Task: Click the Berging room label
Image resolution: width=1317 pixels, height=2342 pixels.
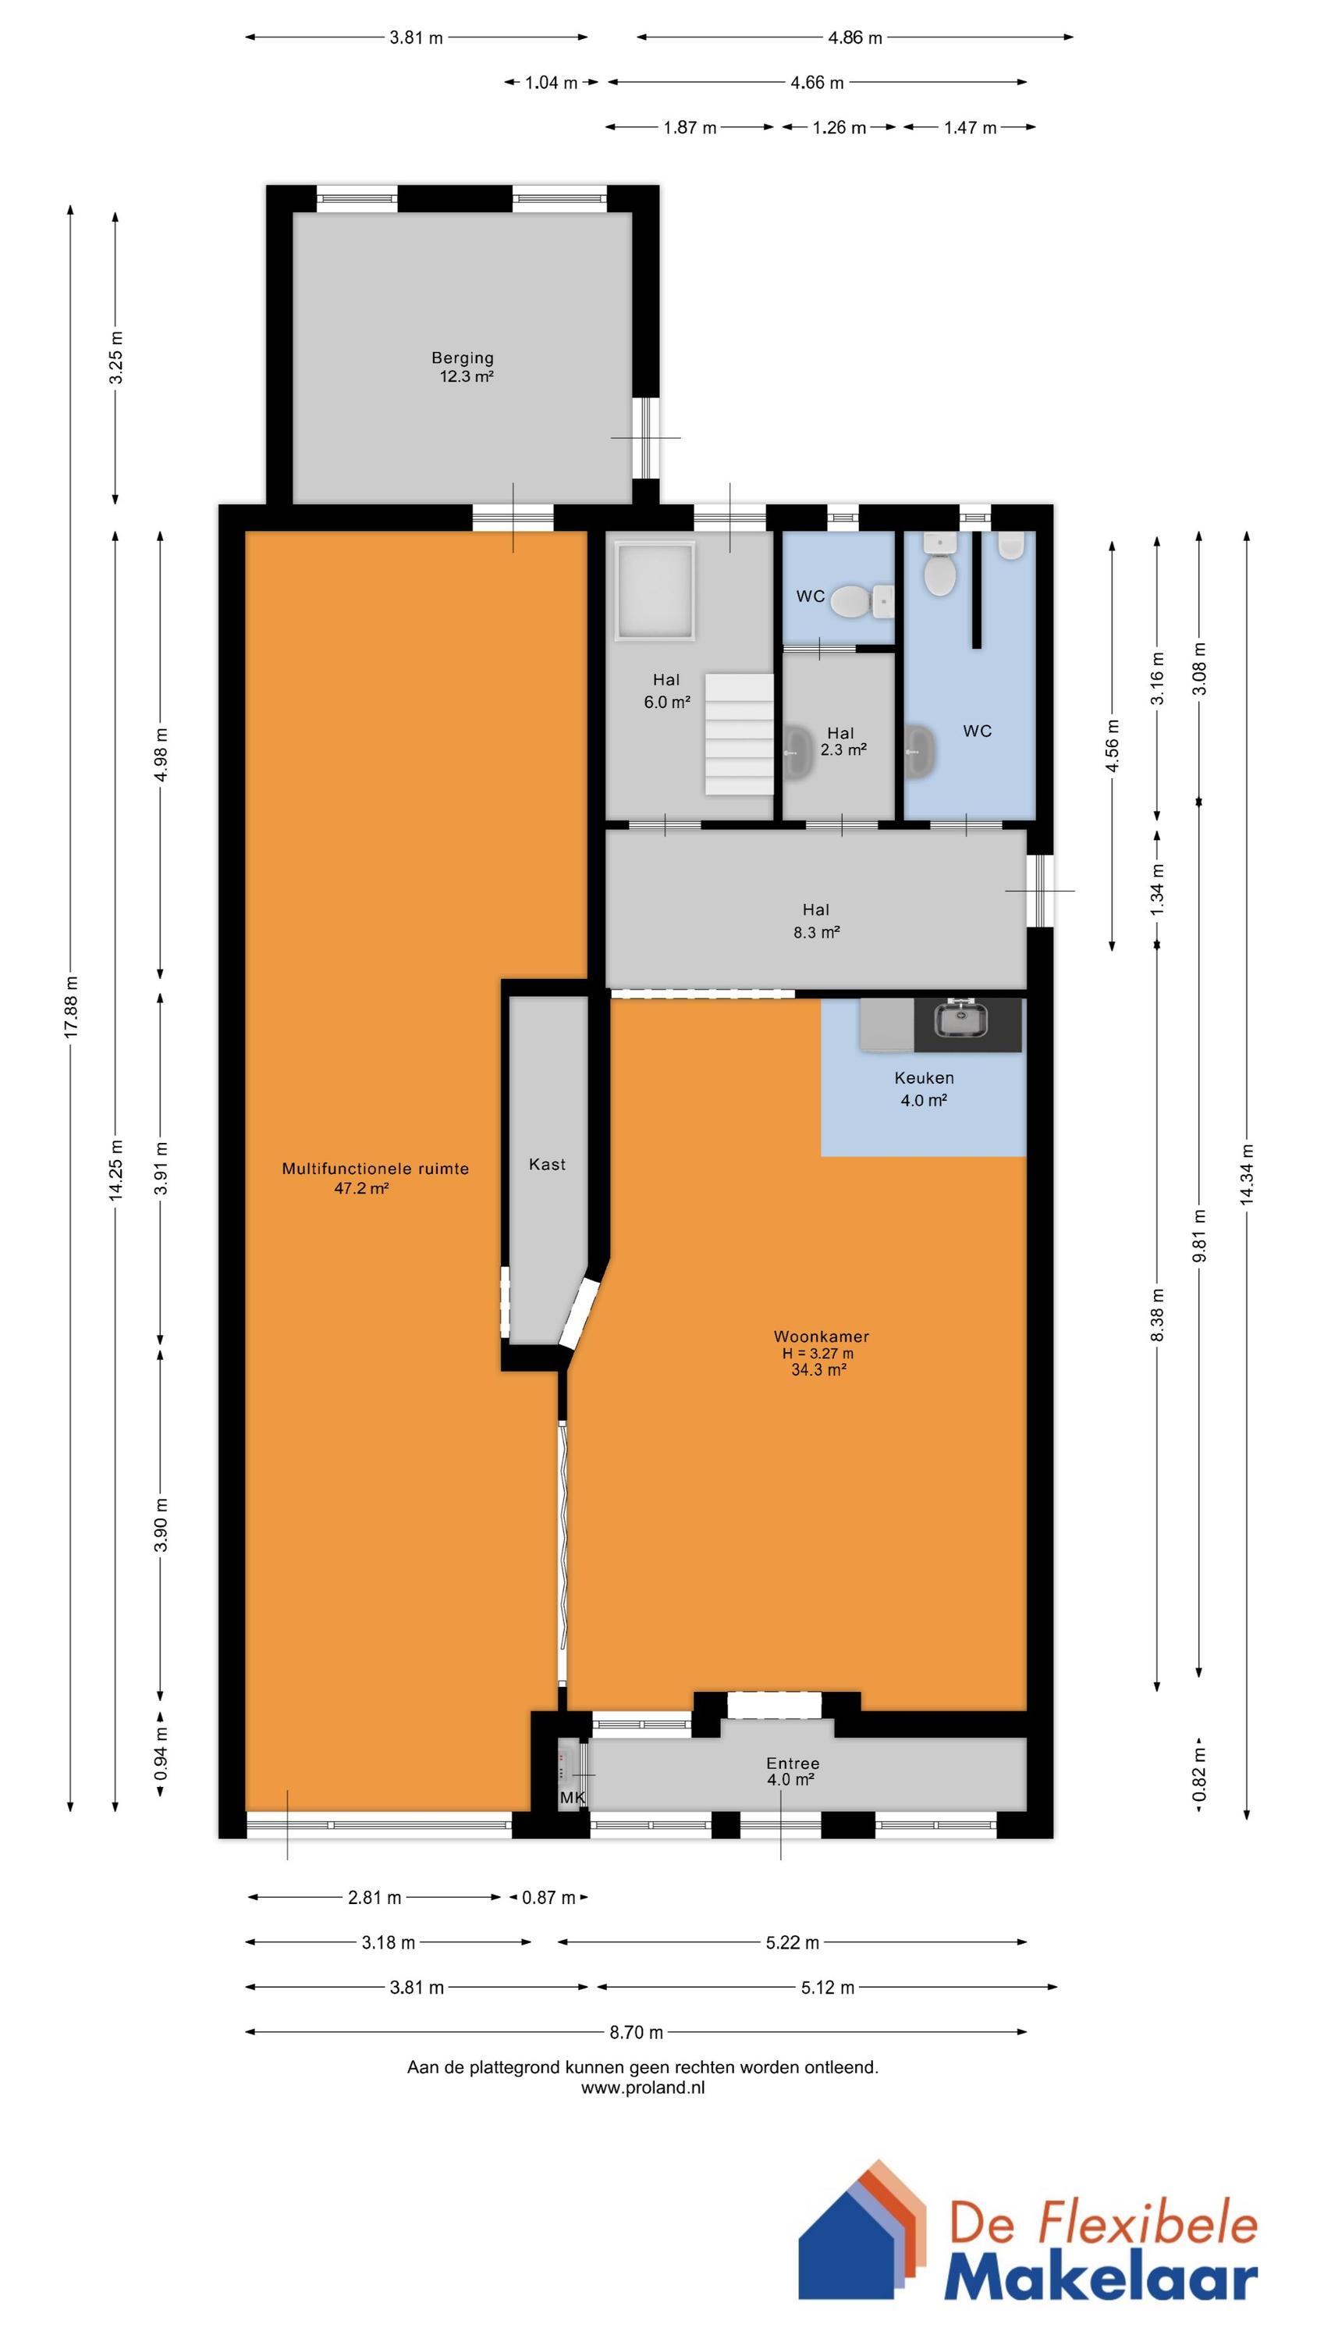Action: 463,358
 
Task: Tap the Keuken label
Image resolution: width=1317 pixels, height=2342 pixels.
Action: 925,1078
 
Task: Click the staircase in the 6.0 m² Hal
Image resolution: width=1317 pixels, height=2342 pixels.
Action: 739,735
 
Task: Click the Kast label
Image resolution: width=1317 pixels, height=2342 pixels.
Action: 547,1165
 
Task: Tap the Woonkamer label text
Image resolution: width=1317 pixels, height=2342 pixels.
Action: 822,1337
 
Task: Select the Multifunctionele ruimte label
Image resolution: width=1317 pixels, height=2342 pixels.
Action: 375,1169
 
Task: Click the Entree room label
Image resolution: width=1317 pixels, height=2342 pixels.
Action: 793,1764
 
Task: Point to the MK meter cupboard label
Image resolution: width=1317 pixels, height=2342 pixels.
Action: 573,1799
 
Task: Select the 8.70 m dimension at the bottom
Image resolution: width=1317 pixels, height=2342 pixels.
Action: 636,2032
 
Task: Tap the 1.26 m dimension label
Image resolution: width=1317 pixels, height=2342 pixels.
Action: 839,127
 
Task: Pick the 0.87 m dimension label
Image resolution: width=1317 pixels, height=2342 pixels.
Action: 549,1898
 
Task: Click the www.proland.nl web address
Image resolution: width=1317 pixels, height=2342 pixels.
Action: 643,2088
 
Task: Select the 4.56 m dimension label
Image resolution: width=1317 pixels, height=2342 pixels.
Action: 1112,746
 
